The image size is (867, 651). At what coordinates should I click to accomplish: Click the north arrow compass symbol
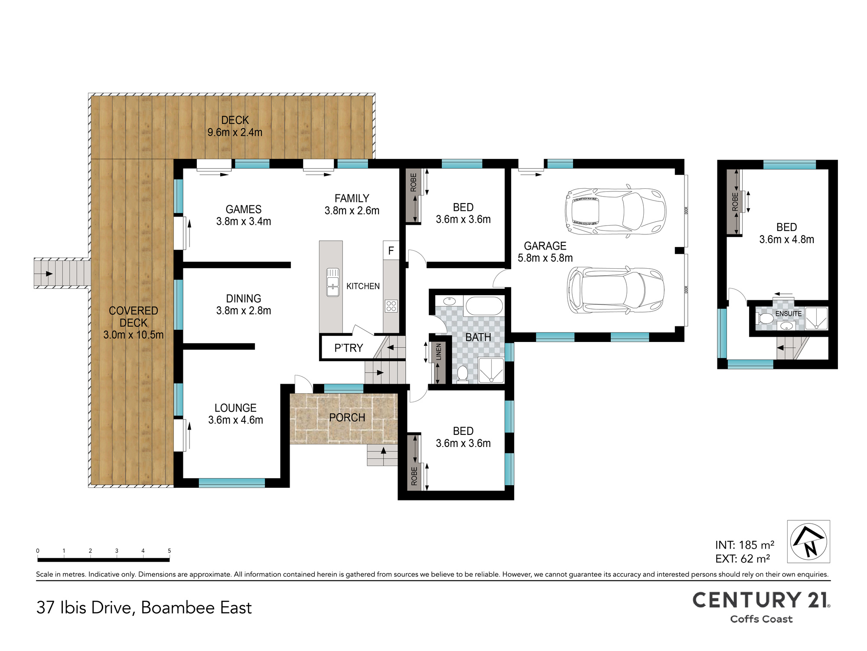coord(808,542)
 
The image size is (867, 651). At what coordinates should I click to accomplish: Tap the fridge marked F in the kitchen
coord(391,250)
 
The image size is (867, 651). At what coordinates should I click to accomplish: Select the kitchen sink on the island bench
coord(333,282)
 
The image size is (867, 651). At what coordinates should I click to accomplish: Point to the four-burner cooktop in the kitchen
coord(391,306)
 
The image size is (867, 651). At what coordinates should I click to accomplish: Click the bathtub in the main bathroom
coord(484,306)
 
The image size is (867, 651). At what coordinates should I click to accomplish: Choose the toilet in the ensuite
coord(765,319)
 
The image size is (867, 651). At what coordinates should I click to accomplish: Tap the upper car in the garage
coord(615,213)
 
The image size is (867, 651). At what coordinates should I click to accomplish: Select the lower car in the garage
coord(616,290)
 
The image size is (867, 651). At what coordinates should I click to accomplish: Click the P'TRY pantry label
coord(349,348)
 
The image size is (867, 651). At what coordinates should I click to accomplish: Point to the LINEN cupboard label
coord(439,352)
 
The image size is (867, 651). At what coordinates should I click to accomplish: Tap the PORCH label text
coord(347,418)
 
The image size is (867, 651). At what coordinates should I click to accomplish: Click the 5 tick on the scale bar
coord(169,551)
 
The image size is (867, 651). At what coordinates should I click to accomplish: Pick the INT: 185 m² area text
coord(745,545)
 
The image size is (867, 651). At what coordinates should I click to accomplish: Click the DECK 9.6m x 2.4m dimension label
coord(235,126)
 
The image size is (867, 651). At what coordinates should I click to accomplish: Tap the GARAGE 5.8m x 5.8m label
coord(545,252)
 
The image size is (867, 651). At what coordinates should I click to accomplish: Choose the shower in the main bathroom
coord(491,370)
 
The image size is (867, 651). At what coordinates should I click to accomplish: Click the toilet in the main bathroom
coord(463,374)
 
